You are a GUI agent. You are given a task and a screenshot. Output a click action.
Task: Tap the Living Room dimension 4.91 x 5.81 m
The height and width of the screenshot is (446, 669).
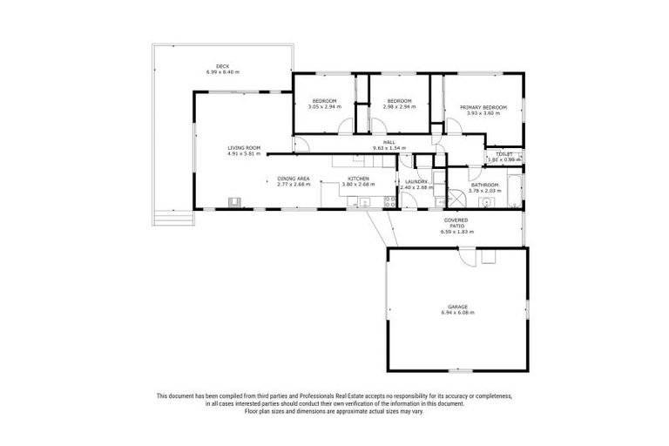244,154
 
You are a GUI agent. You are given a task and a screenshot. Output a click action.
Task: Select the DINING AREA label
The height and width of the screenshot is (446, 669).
294,179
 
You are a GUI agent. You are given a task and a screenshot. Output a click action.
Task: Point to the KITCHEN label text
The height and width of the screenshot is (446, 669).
357,179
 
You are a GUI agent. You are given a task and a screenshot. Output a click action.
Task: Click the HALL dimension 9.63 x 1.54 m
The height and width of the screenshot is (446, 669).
389,148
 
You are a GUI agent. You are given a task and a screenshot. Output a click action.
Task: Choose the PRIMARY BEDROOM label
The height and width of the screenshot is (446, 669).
483,106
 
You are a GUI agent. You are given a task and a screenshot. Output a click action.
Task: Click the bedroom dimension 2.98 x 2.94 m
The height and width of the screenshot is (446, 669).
400,106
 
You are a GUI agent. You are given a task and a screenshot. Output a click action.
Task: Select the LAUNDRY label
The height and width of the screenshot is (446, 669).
416,181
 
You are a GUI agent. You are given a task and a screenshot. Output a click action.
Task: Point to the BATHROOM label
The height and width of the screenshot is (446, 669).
485,184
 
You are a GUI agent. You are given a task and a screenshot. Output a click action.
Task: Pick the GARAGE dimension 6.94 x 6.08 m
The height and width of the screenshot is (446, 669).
458,312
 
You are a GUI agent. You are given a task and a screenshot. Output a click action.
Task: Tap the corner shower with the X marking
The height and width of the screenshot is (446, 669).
452,196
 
